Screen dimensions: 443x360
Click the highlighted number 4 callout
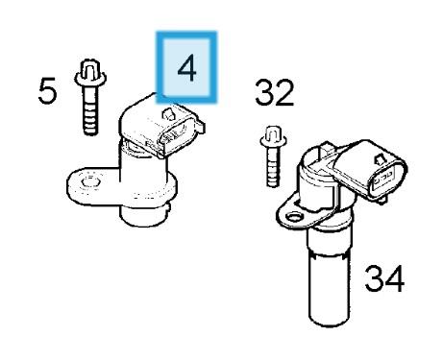point(186,67)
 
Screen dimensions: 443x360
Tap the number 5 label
point(47,90)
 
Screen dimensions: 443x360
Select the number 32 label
point(274,93)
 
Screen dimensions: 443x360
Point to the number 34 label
point(384,278)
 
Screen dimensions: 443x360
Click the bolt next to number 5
point(90,97)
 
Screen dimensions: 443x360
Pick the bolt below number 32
point(273,156)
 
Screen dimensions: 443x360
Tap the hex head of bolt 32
point(273,136)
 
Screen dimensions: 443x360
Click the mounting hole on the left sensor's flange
point(91,182)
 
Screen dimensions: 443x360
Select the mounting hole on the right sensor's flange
point(294,218)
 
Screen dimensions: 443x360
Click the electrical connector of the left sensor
point(162,126)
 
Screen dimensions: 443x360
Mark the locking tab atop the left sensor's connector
point(169,114)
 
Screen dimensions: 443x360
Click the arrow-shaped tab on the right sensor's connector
point(381,159)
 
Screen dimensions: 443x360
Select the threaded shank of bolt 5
point(90,110)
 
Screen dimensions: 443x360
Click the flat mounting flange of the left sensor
point(93,185)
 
